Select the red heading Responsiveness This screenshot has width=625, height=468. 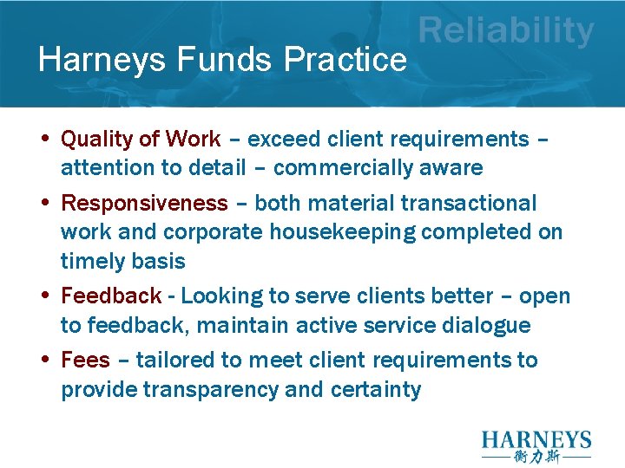click(144, 204)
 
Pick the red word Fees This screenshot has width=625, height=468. click(86, 361)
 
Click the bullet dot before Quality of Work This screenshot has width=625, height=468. click(44, 139)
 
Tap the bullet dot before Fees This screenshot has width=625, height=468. click(44, 360)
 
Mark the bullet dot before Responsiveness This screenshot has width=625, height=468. click(44, 203)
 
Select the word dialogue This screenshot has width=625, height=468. click(488, 326)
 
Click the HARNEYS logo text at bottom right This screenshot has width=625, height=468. click(536, 440)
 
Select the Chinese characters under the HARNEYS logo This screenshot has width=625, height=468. click(536, 457)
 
